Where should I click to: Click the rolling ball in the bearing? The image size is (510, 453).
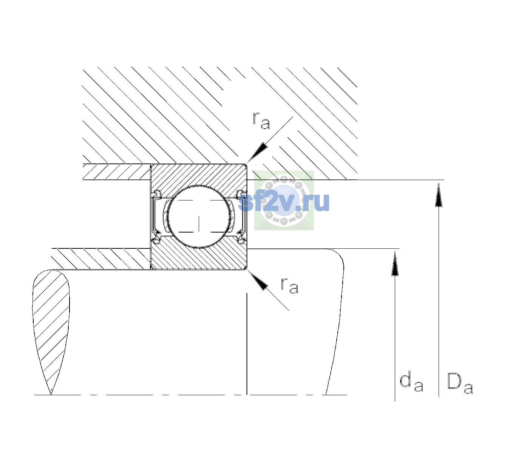click(199, 217)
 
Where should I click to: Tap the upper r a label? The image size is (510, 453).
click(261, 120)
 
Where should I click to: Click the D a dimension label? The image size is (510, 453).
click(460, 383)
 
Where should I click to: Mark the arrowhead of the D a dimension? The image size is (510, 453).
click(439, 195)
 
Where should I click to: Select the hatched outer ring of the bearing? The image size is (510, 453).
click(199, 174)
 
